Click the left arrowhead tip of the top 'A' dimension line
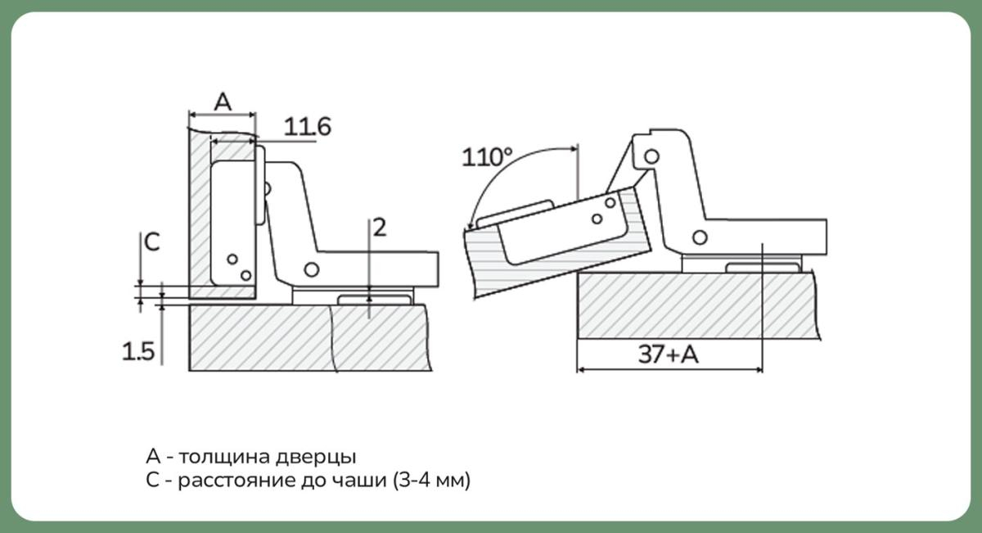[x=189, y=115]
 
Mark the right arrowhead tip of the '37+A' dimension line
[x=763, y=370]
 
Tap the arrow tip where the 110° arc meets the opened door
[x=470, y=229]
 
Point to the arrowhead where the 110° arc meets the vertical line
[x=578, y=149]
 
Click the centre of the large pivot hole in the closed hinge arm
[x=312, y=270]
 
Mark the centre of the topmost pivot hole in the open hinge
[x=652, y=156]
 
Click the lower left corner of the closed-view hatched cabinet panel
[x=189, y=371]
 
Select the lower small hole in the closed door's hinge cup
[x=246, y=275]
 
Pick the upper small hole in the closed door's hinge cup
[x=232, y=260]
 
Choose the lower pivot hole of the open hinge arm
[x=700, y=237]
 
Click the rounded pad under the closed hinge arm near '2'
[x=374, y=300]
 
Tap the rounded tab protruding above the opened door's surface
[x=515, y=213]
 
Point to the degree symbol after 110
[x=507, y=151]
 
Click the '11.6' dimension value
[x=308, y=127]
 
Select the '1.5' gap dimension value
[x=138, y=352]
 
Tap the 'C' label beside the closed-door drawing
[x=152, y=242]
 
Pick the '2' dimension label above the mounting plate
[x=380, y=228]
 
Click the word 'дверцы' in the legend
[x=316, y=457]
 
